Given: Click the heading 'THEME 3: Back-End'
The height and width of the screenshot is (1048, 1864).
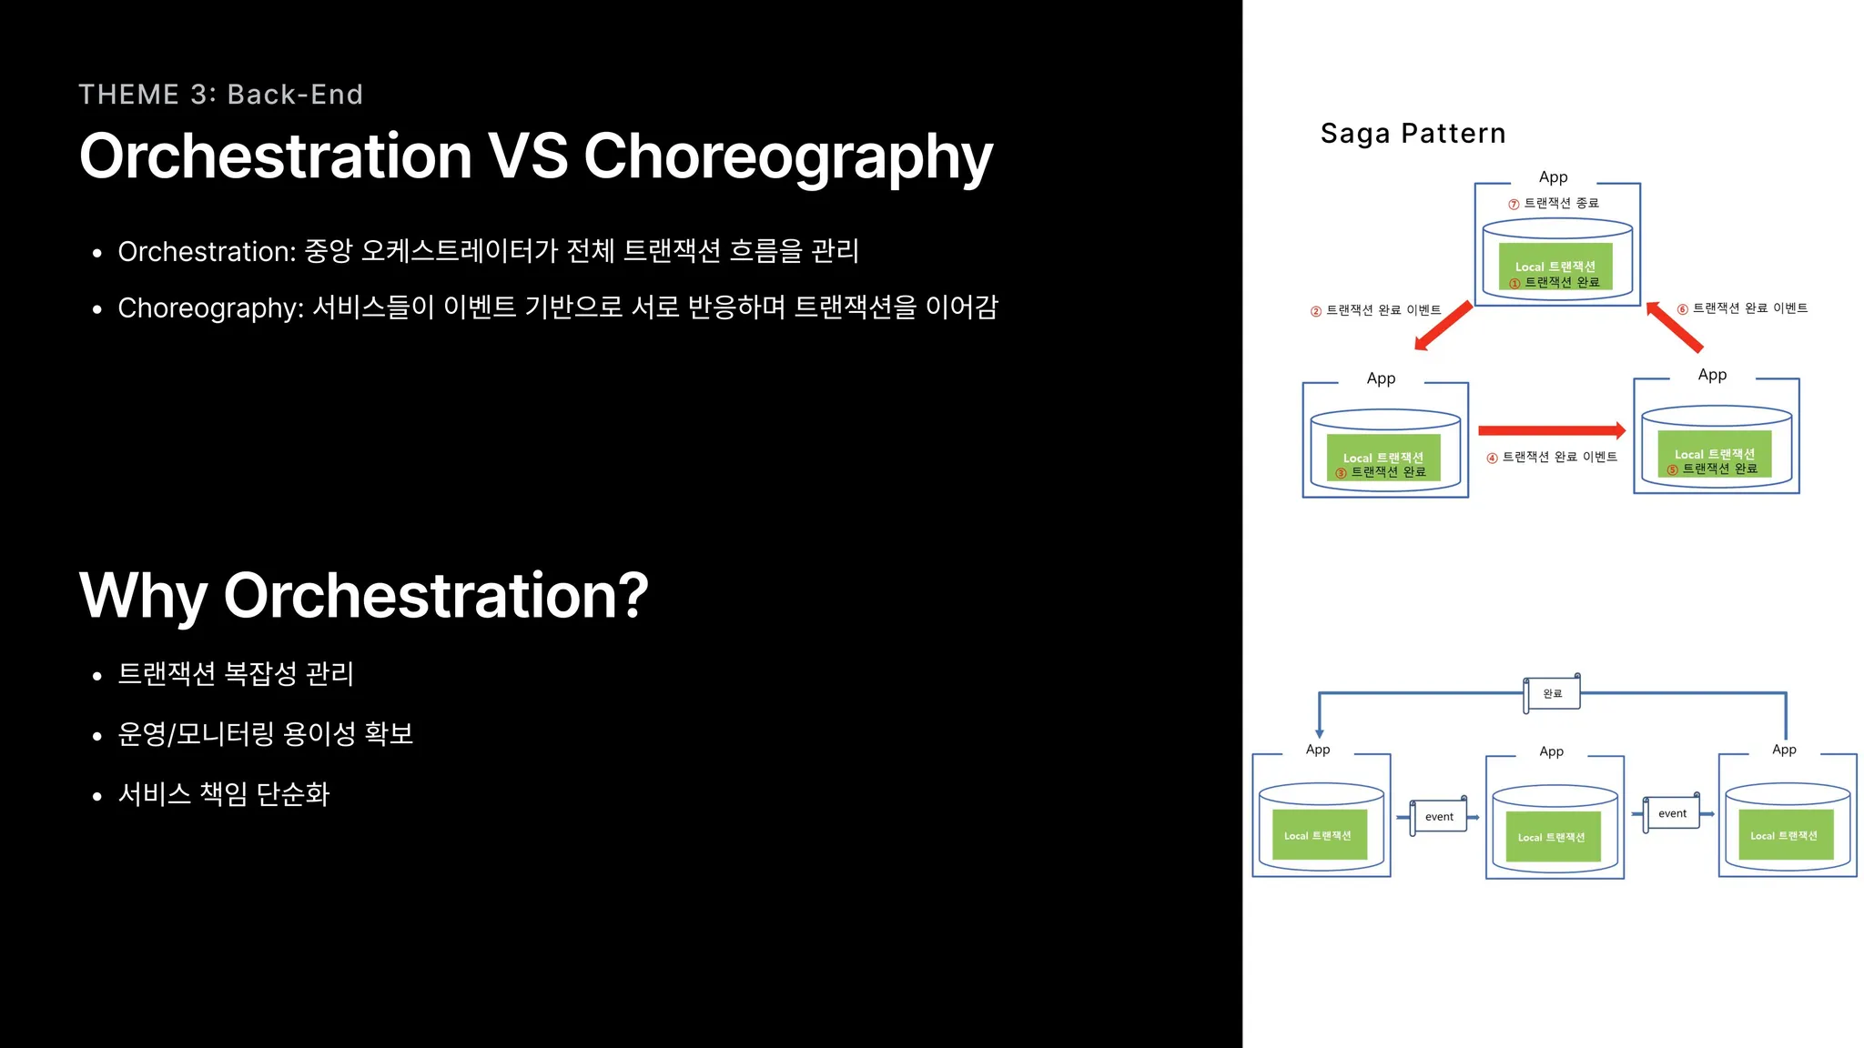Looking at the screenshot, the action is pyautogui.click(x=221, y=95).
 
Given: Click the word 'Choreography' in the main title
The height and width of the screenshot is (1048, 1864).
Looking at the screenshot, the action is pyautogui.click(x=788, y=158).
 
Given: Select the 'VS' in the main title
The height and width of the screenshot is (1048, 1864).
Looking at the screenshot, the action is pyautogui.click(x=528, y=156).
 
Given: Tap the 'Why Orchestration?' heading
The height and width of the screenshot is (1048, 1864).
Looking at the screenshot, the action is pyautogui.click(x=364, y=597).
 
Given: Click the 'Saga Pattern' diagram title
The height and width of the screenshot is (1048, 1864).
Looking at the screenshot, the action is pyautogui.click(x=1413, y=134).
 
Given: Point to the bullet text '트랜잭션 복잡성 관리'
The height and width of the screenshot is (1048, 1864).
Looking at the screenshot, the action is pyautogui.click(x=236, y=674).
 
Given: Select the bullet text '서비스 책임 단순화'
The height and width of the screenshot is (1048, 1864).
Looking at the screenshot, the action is pyautogui.click(x=224, y=794).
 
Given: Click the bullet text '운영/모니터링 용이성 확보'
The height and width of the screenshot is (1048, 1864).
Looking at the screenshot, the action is pyautogui.click(x=266, y=734).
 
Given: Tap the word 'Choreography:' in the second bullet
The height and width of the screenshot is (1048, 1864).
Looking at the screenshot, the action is pyautogui.click(x=211, y=308).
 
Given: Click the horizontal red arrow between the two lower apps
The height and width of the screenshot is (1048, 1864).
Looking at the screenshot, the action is pyautogui.click(x=1552, y=430).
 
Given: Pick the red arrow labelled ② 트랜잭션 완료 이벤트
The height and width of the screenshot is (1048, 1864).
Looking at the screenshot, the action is pyautogui.click(x=1444, y=325).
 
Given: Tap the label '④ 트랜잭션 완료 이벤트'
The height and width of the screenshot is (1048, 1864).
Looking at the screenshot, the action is pyautogui.click(x=1552, y=458).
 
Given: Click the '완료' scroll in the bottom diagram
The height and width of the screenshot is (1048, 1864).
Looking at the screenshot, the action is pyautogui.click(x=1552, y=694).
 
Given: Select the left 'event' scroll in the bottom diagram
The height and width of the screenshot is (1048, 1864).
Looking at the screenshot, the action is pyautogui.click(x=1439, y=816).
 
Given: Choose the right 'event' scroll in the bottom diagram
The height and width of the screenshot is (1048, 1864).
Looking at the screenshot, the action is pyautogui.click(x=1672, y=812).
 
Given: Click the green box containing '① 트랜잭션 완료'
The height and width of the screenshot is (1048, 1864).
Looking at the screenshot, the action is pyautogui.click(x=1555, y=267).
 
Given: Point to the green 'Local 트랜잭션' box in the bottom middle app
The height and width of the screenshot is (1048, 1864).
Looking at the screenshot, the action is pyautogui.click(x=1553, y=837).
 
